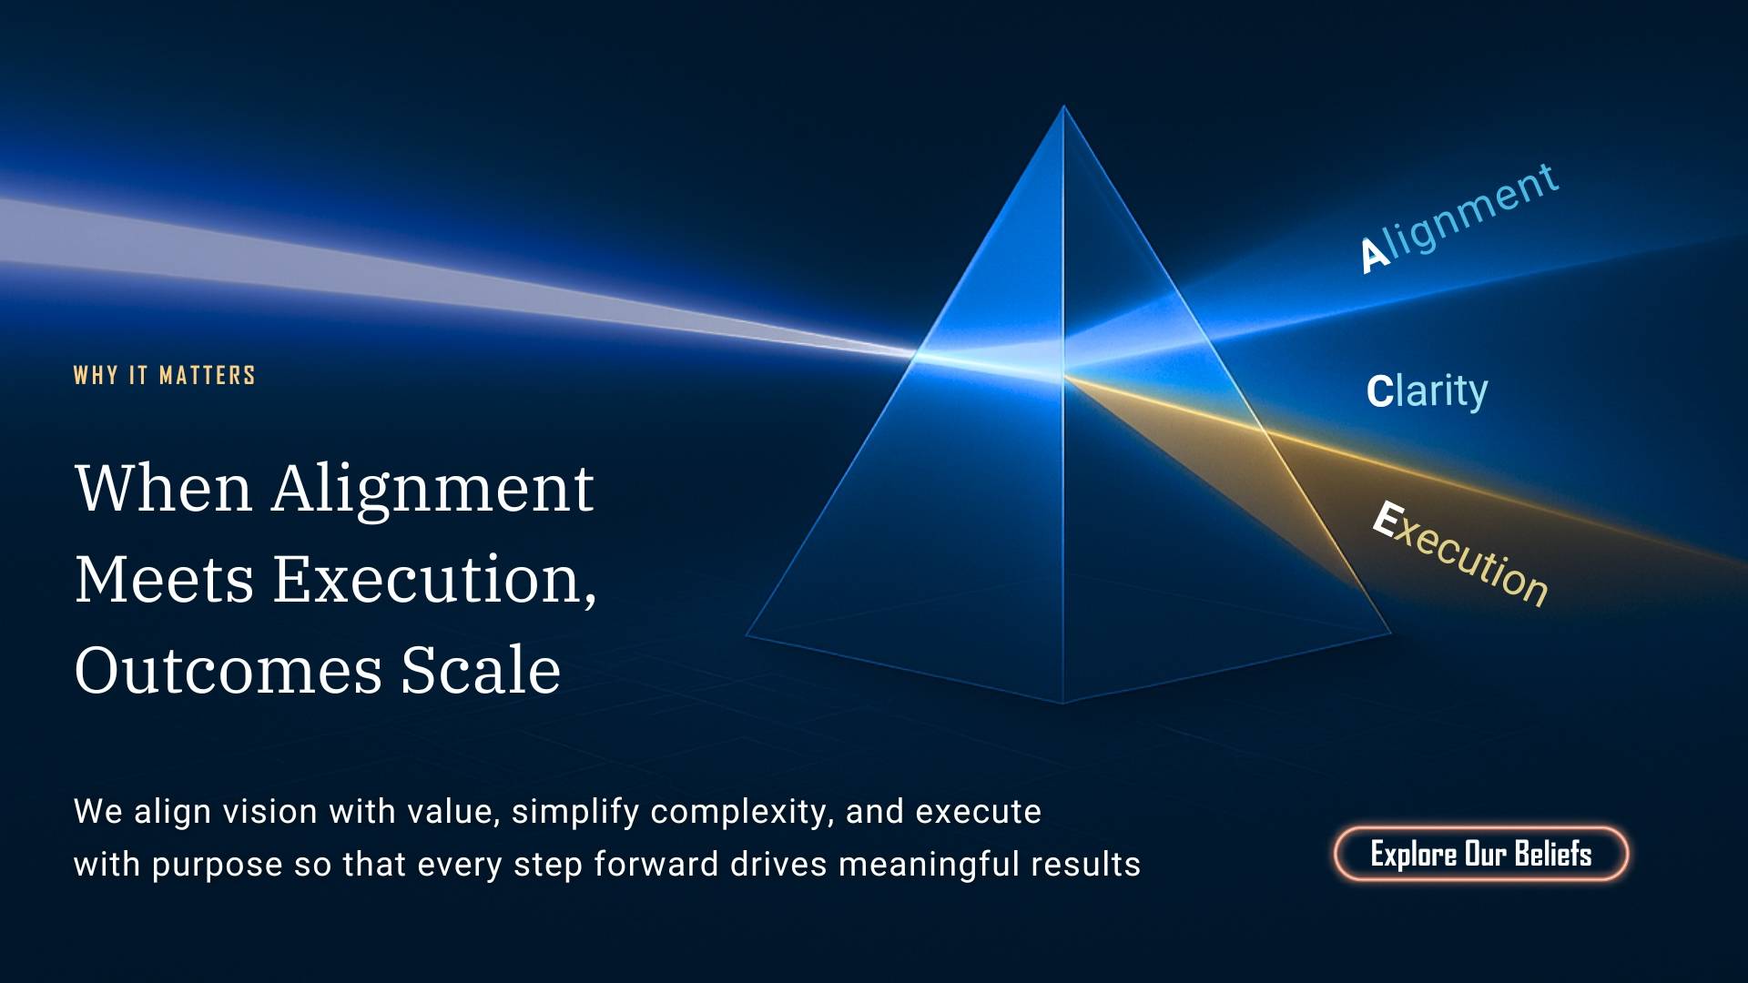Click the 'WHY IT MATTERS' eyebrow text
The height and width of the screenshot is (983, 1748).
pyautogui.click(x=165, y=375)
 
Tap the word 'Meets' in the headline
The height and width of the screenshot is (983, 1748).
pyautogui.click(x=164, y=580)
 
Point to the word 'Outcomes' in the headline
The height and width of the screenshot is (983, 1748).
pyautogui.click(x=228, y=671)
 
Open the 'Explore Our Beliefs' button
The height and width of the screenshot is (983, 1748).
pyautogui.click(x=1481, y=854)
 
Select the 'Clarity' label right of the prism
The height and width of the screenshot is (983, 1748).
pyautogui.click(x=1427, y=391)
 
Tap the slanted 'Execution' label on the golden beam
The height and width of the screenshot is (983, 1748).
pyautogui.click(x=1460, y=552)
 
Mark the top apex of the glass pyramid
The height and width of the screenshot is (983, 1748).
pyautogui.click(x=1063, y=106)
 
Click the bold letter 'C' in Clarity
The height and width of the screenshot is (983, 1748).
pyautogui.click(x=1379, y=391)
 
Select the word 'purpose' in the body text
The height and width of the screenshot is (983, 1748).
pyautogui.click(x=217, y=866)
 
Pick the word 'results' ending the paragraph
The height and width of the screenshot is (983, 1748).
pyautogui.click(x=1085, y=864)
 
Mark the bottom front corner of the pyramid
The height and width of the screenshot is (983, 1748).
pyautogui.click(x=1062, y=704)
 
